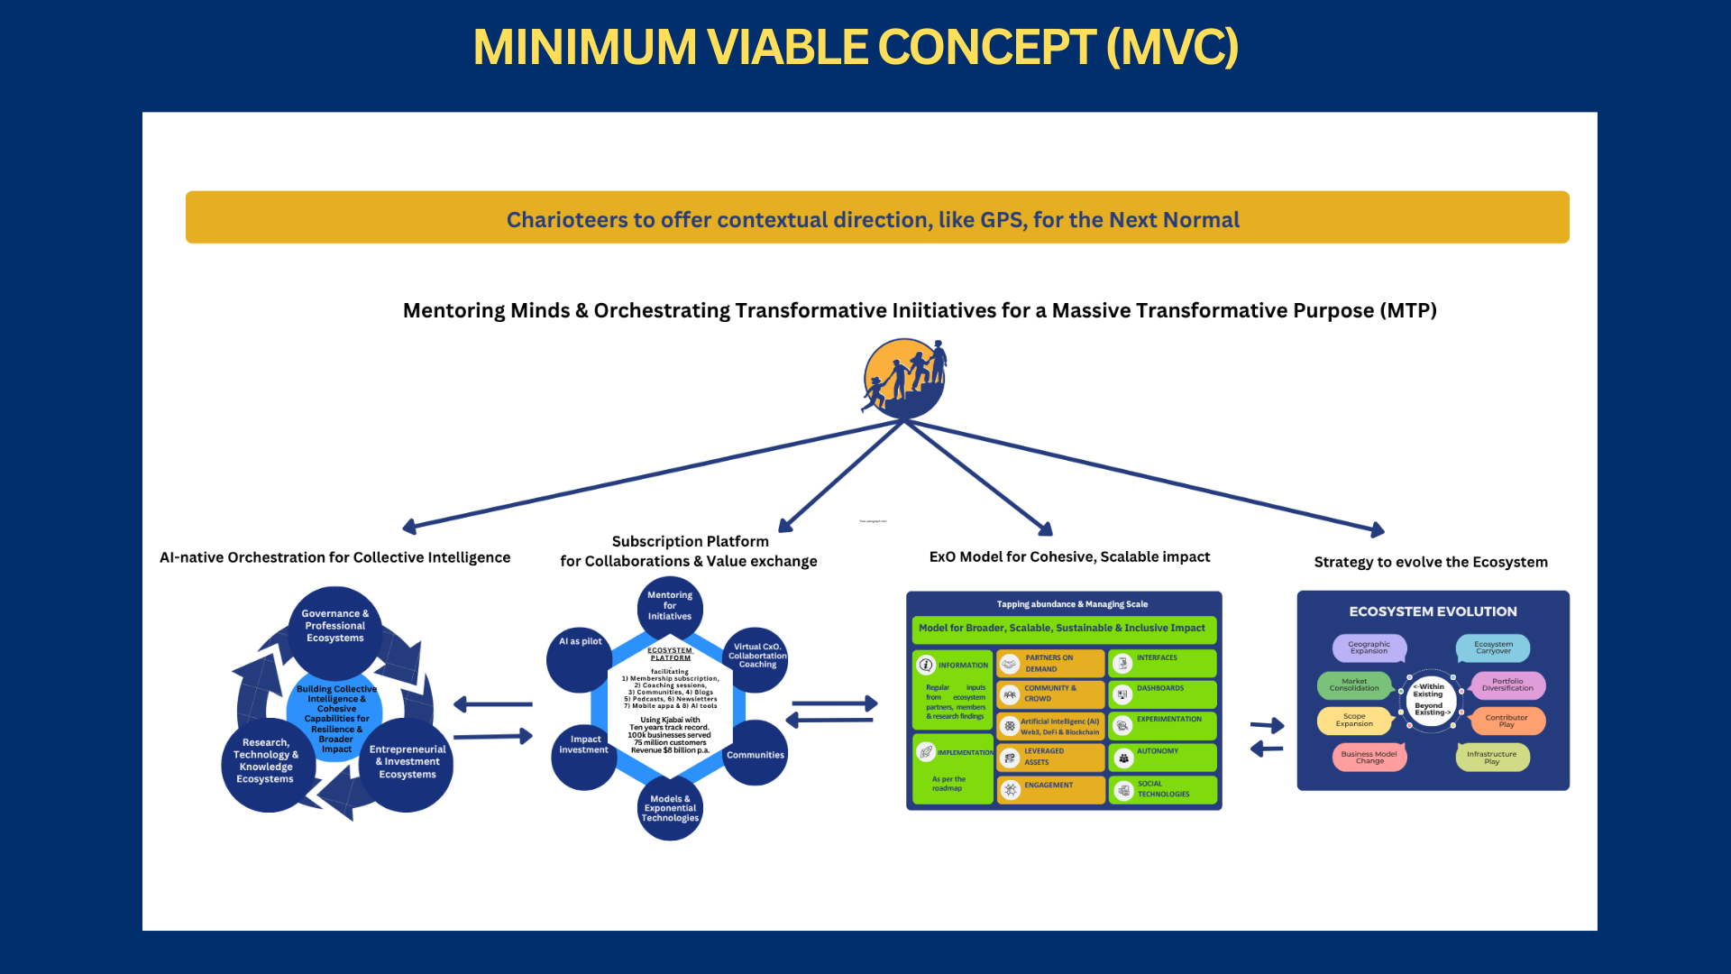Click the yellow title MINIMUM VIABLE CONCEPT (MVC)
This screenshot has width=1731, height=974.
click(856, 47)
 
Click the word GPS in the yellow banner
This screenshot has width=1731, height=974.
click(1001, 220)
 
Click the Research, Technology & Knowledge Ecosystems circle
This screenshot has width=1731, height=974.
click(265, 762)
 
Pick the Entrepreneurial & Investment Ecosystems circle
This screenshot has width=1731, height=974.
click(408, 763)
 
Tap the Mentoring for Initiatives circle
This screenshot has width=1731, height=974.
click(670, 606)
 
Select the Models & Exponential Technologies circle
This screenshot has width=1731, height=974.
click(670, 808)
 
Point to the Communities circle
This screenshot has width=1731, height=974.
click(756, 754)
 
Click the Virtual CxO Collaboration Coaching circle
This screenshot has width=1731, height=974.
click(756, 657)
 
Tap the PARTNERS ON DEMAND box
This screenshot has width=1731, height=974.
click(1050, 664)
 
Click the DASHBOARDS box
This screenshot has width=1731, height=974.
click(1162, 694)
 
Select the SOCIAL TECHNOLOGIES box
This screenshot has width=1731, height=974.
click(1162, 790)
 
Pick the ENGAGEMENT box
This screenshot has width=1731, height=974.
click(1050, 789)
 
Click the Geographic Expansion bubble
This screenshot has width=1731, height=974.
click(1369, 648)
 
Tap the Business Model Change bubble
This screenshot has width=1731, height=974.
click(1369, 758)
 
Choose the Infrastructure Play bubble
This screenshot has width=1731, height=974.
click(1492, 758)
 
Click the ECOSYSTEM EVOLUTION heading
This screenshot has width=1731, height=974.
click(1433, 611)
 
